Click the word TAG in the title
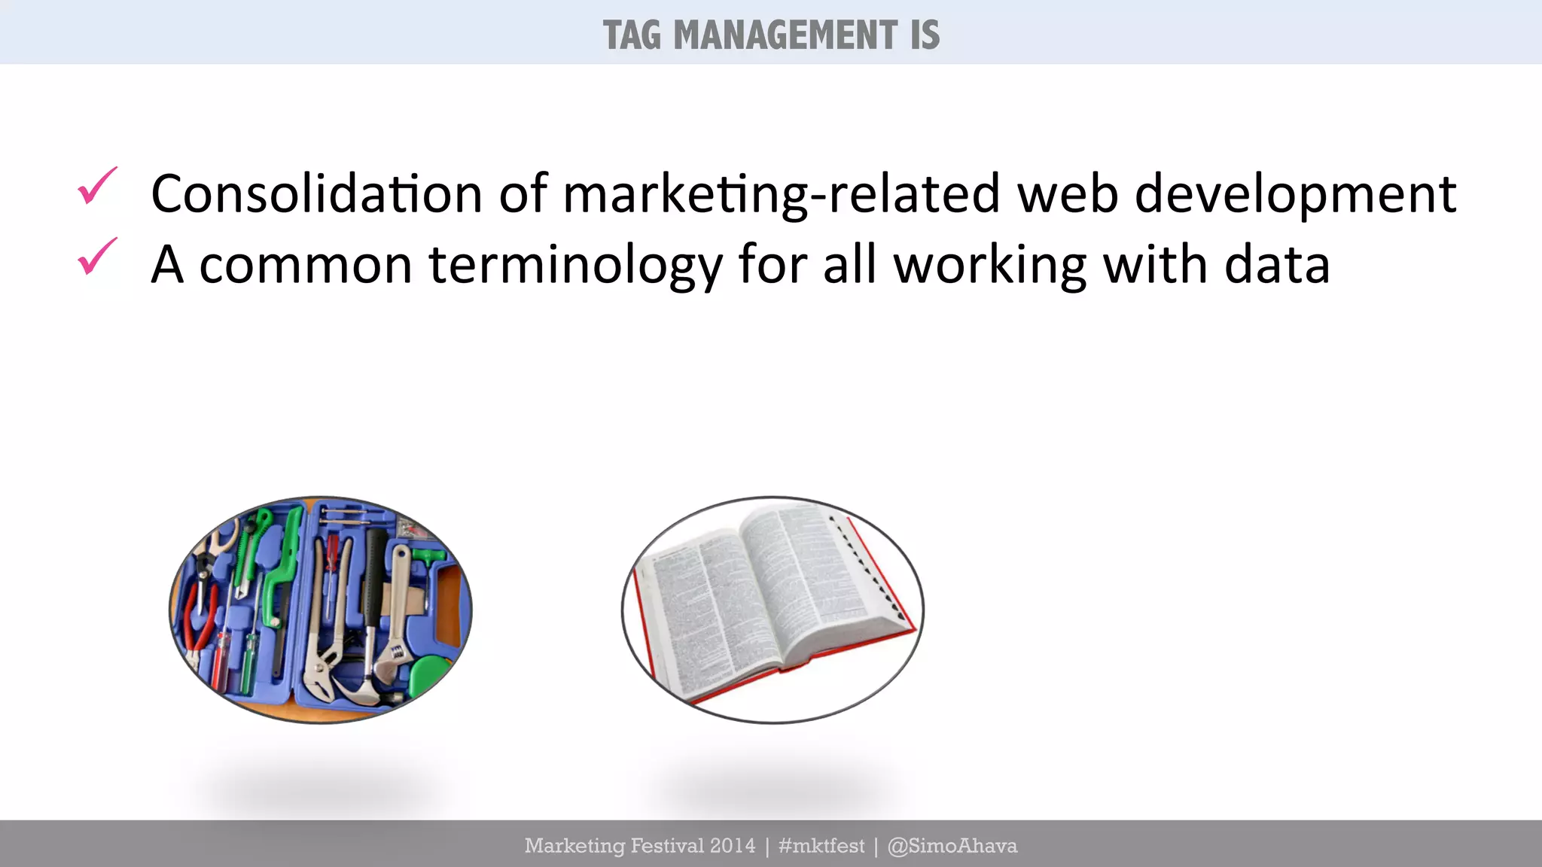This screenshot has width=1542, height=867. [632, 35]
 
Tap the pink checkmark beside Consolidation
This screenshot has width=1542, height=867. [97, 186]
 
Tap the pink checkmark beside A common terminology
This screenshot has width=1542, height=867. [97, 257]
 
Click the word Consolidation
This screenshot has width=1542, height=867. [316, 193]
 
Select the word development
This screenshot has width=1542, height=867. [1295, 195]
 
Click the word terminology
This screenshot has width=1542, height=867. [575, 266]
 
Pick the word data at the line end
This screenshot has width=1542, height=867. [1277, 265]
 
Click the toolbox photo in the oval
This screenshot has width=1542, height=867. [321, 610]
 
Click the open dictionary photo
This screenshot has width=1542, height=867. [773, 610]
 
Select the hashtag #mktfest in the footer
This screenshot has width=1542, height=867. [821, 846]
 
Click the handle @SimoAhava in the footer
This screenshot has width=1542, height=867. [952, 846]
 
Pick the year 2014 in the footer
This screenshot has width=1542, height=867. [732, 846]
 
